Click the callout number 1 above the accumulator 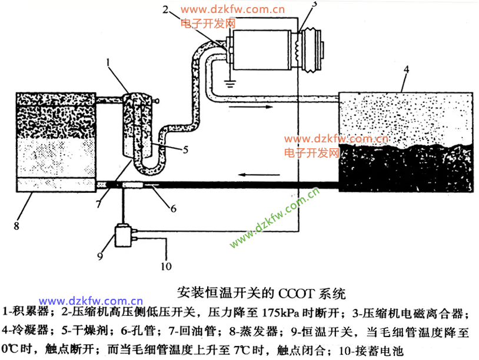tap(108, 61)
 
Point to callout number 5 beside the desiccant tap(185, 149)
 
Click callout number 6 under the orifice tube tap(173, 208)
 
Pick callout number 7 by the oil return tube tap(98, 204)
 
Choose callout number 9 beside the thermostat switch tap(99, 256)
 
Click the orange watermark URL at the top tap(232, 9)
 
